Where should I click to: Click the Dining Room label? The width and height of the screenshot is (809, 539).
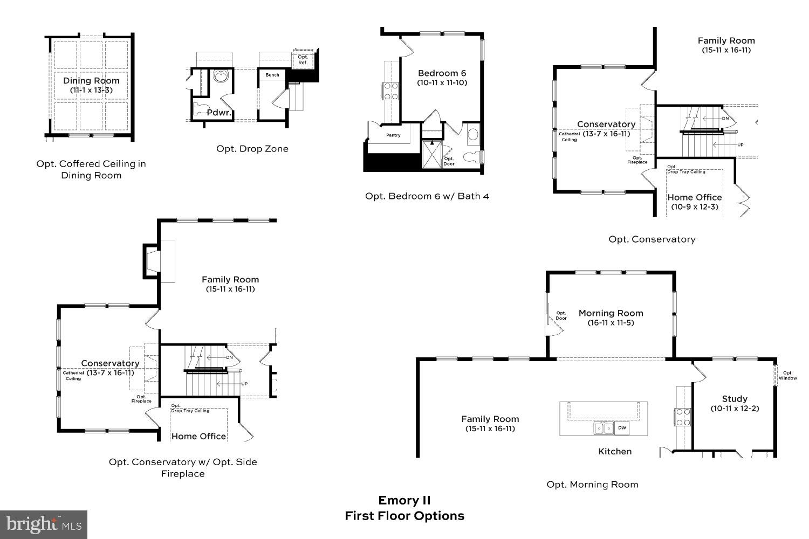[x=91, y=81]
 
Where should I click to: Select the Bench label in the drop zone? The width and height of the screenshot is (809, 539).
[x=272, y=75]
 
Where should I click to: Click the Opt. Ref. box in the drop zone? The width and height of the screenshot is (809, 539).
[x=303, y=59]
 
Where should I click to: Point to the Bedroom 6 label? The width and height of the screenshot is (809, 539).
[x=442, y=73]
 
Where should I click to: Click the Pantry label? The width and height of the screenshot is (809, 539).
[x=393, y=135]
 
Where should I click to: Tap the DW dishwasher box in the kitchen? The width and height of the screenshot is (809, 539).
[x=622, y=428]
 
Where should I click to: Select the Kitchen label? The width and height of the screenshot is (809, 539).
[x=614, y=452]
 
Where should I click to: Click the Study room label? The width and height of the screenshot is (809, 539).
[x=735, y=399]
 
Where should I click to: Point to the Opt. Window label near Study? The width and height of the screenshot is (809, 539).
[x=787, y=375]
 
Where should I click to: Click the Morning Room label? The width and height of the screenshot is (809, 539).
[x=611, y=313]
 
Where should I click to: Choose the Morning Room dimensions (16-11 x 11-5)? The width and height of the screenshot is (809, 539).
[x=611, y=323]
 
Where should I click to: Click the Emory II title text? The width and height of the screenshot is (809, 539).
[x=404, y=500]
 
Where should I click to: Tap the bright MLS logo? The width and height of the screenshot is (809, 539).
[x=43, y=524]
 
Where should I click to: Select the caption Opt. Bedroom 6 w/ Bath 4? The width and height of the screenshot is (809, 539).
[x=427, y=196]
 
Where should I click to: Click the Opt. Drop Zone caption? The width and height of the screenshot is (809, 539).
[x=252, y=149]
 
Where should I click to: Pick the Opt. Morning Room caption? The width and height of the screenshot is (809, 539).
[x=592, y=485]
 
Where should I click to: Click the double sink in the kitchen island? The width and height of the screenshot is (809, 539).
[x=604, y=428]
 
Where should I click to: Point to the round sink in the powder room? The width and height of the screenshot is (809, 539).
[x=220, y=77]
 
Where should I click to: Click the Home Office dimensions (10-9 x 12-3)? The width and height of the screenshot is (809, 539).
[x=694, y=207]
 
